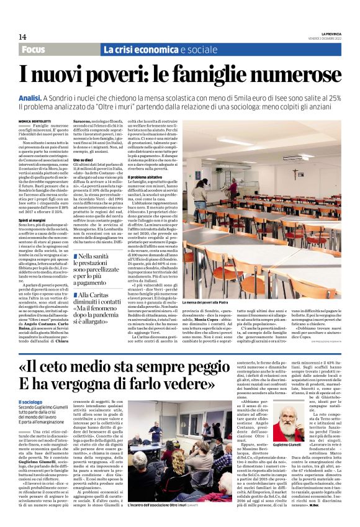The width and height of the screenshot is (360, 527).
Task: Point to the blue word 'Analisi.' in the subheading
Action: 30,98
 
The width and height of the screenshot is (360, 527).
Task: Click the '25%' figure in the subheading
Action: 333,98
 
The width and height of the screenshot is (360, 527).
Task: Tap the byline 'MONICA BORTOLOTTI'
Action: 35,120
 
